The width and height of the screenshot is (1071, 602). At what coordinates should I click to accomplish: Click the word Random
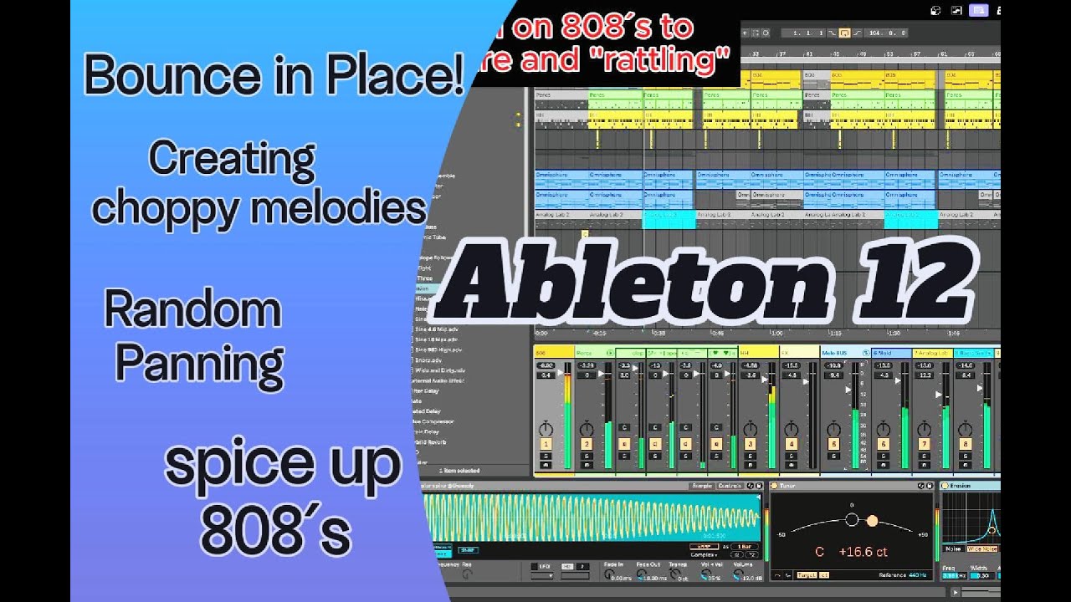click(192, 311)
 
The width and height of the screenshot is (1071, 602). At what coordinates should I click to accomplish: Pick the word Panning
click(199, 363)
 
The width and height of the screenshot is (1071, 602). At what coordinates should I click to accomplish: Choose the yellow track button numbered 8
click(966, 444)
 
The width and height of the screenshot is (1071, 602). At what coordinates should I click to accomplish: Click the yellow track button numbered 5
click(833, 444)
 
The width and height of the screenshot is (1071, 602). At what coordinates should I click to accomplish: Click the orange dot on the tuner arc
click(872, 521)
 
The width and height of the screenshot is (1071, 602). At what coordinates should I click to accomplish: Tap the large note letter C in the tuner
click(820, 553)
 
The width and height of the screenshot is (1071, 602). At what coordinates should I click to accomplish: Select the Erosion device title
click(960, 485)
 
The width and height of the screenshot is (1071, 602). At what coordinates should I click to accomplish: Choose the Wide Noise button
click(982, 548)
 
